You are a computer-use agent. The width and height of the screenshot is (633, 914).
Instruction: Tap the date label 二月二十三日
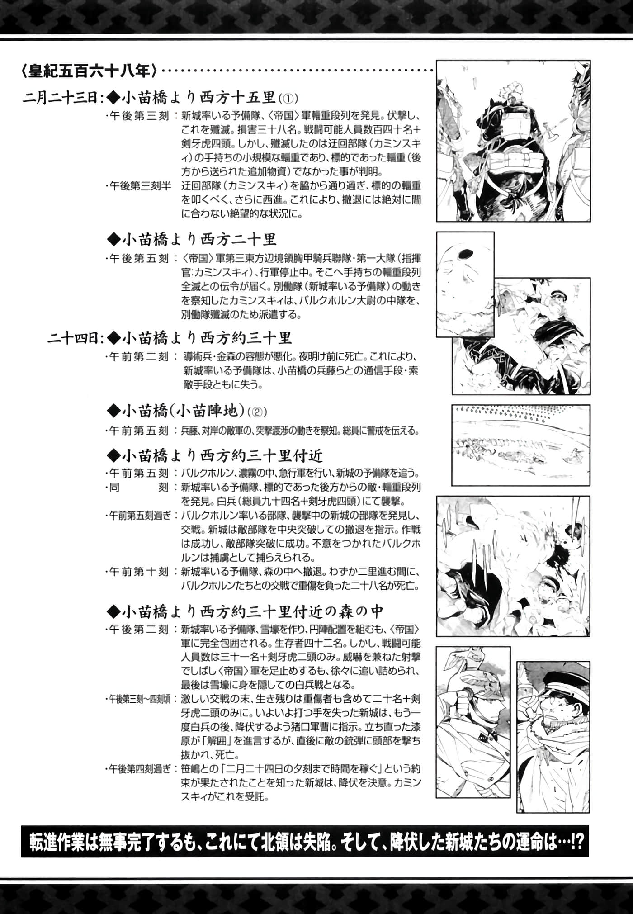point(63,97)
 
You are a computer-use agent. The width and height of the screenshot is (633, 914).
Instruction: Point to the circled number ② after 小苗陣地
point(258,412)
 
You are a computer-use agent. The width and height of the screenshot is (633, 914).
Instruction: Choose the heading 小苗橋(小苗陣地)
point(177,411)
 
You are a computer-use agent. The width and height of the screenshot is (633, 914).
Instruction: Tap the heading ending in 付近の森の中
point(246,611)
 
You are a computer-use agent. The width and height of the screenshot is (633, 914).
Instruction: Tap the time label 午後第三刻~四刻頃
point(140,699)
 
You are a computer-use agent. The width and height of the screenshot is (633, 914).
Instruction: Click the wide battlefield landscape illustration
point(521,445)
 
